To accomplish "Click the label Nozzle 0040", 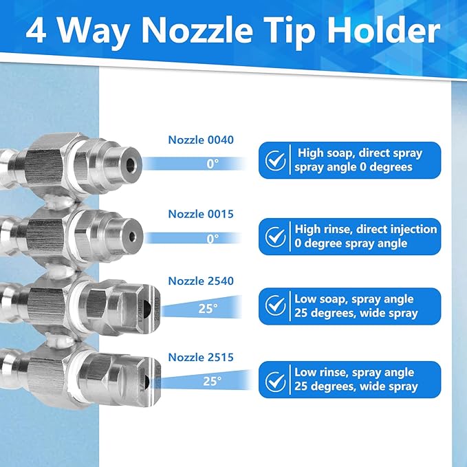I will (201, 140).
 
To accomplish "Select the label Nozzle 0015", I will (201, 214).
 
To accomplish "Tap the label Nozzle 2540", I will (201, 281).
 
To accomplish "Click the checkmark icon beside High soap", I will (276, 160).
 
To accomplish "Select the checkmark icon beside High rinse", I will (276, 237).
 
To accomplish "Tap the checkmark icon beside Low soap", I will (276, 305).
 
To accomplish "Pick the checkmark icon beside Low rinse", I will (276, 380).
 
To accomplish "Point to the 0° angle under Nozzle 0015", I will (213, 239).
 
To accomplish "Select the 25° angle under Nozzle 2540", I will (208, 308).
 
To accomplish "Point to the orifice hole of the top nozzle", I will (131, 164).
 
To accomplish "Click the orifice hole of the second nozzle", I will (131, 236).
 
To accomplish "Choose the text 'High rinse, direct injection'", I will (365, 229).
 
